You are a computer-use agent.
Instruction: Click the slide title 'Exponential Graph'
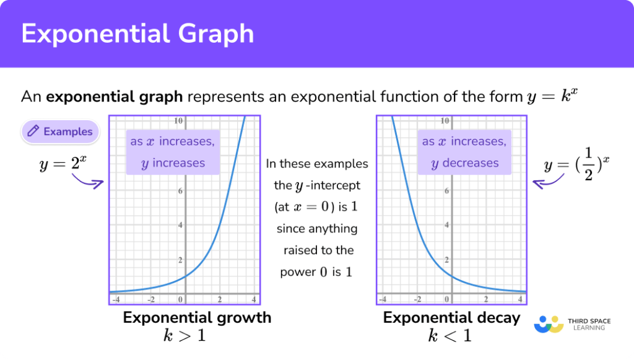(137, 33)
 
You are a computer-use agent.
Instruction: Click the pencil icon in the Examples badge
(33, 131)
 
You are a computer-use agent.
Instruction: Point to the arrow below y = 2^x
(87, 182)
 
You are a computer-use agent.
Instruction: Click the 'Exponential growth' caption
(197, 318)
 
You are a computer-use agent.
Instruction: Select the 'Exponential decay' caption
(451, 318)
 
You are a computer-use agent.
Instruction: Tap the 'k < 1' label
(449, 336)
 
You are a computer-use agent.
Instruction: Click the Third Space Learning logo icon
(549, 324)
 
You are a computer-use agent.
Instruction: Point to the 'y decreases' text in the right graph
(464, 164)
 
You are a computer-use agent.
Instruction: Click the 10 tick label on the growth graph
(178, 121)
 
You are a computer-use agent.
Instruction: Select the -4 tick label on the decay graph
(383, 299)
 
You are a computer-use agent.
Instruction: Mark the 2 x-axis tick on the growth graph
(219, 299)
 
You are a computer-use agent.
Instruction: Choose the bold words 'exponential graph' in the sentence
(115, 97)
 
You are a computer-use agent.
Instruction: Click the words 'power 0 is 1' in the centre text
(316, 272)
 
